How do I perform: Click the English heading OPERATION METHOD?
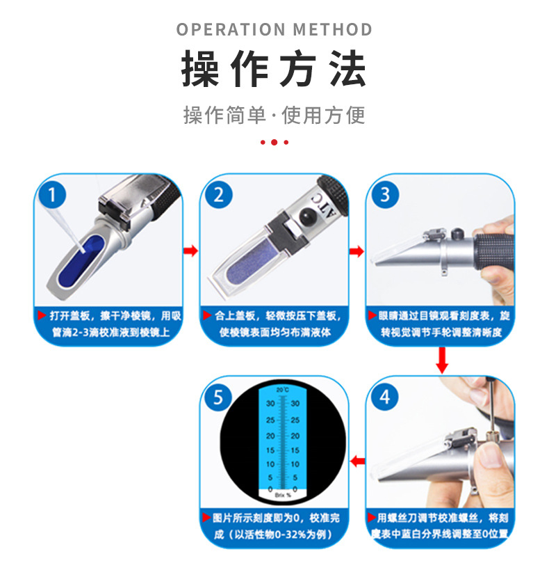tap(274, 30)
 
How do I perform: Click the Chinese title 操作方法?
tap(274, 69)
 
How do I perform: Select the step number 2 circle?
tap(220, 193)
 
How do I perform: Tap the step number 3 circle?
tap(386, 193)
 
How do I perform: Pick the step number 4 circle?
tap(386, 397)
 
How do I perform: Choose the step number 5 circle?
tap(220, 397)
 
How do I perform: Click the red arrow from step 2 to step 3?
tap(357, 251)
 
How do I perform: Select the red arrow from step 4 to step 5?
tap(357, 461)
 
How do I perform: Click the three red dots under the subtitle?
tap(274, 142)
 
